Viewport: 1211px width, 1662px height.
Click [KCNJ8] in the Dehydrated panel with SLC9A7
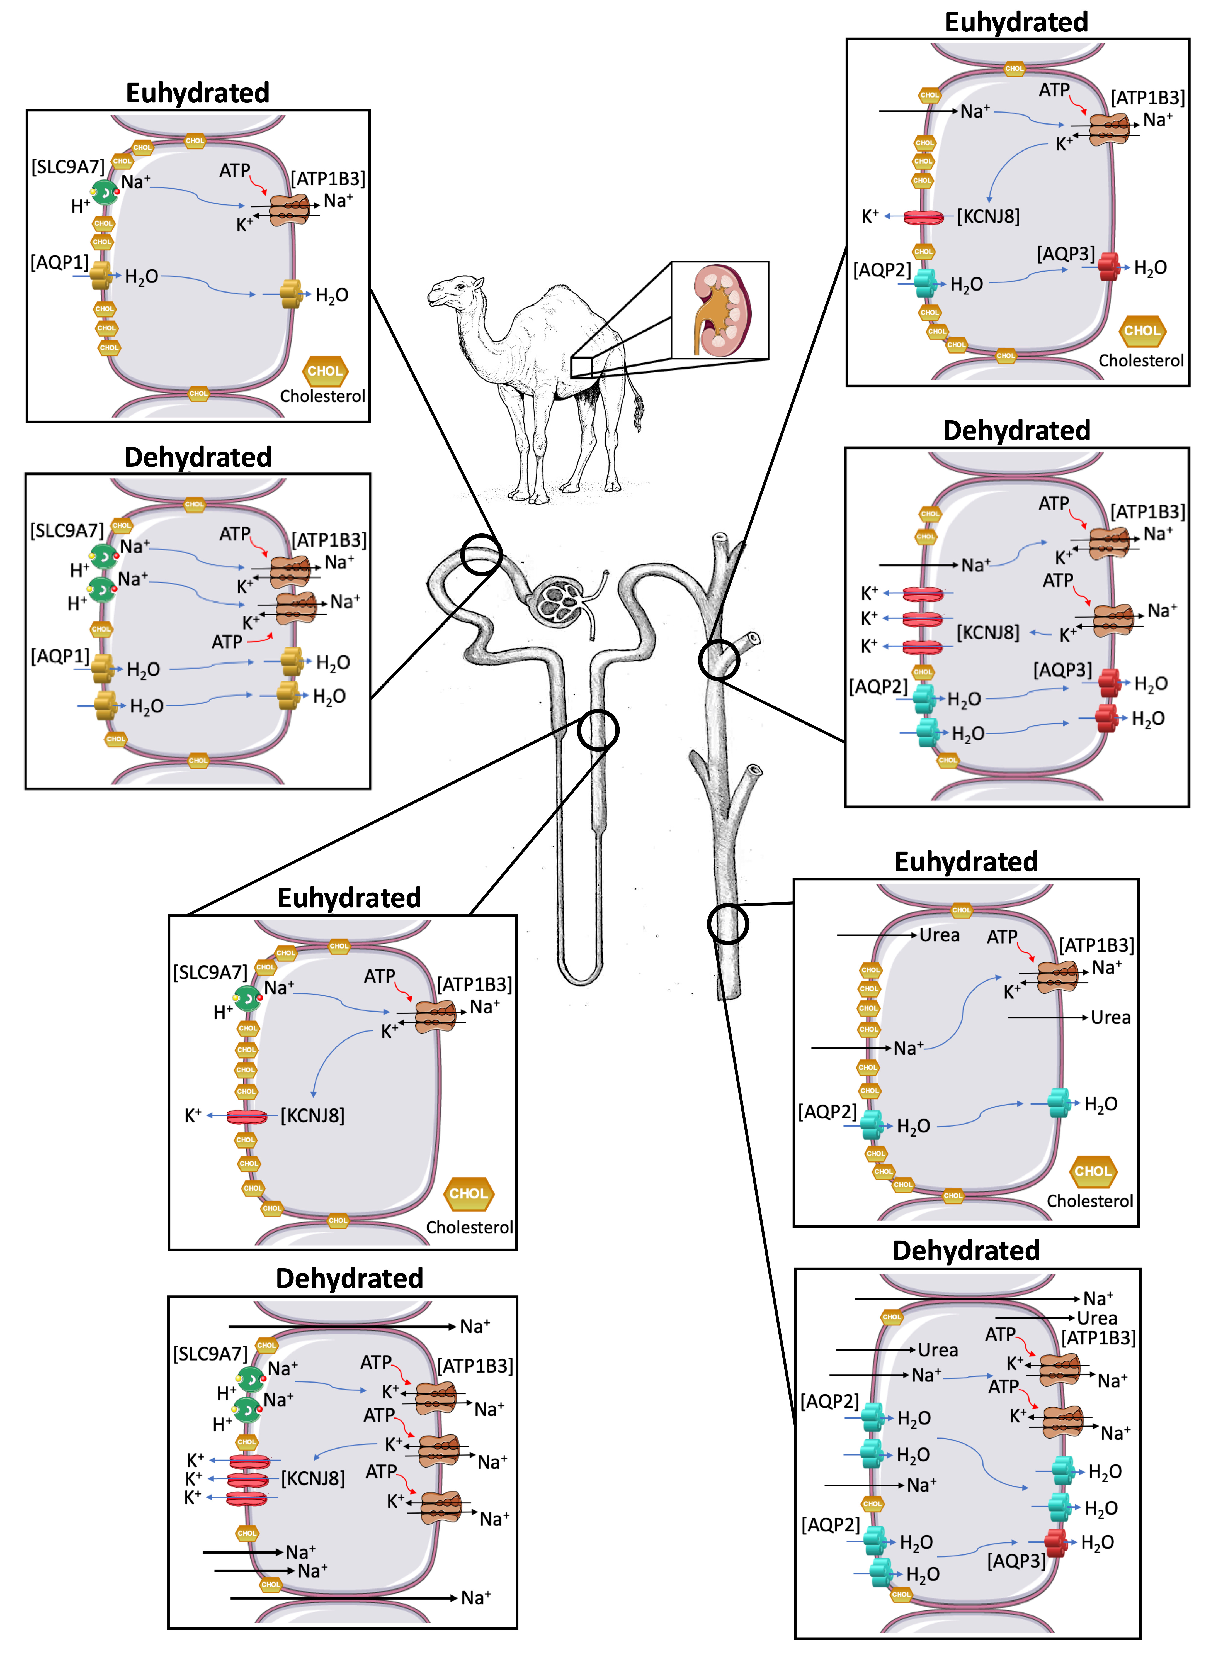tap(313, 1478)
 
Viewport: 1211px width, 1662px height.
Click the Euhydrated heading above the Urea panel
tap(966, 861)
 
